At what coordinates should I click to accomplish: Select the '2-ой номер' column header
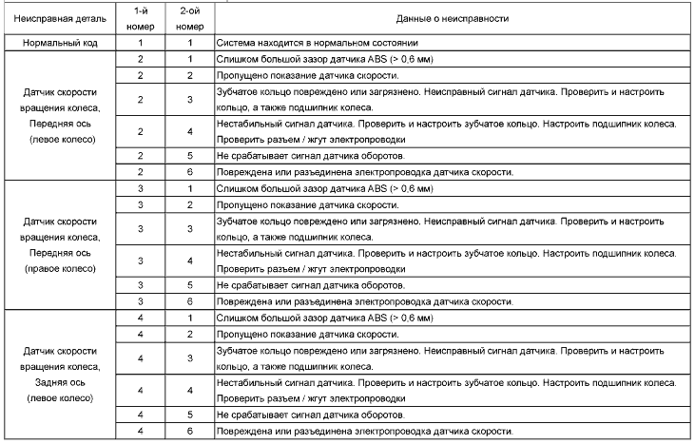(190, 18)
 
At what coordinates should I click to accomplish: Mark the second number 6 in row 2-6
(190, 171)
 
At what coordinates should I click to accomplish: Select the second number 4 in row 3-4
(190, 261)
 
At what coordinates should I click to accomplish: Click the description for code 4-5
(302, 415)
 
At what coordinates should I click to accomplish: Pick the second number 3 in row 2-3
(190, 98)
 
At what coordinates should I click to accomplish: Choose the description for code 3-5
(302, 285)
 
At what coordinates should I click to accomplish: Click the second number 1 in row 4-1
(190, 319)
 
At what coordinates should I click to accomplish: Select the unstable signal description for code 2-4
(446, 130)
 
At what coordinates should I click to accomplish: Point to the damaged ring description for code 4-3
(446, 357)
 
